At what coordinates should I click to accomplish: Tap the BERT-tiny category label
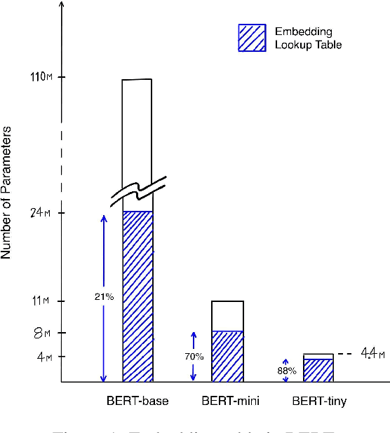[x=318, y=401]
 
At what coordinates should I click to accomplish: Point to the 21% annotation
[x=104, y=296]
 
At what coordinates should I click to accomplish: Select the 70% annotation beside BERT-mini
[x=194, y=357]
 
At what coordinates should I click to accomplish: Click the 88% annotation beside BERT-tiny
[x=285, y=370]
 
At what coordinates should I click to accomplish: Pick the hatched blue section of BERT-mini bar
[x=227, y=357]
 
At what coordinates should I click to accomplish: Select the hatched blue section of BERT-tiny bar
[x=318, y=371]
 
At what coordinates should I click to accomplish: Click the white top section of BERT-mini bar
[x=227, y=316]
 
